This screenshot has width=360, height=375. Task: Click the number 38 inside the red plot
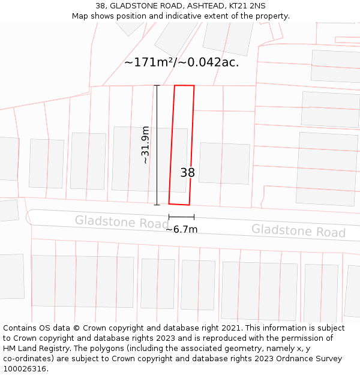point(188,173)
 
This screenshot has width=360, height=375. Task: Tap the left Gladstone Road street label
point(122,222)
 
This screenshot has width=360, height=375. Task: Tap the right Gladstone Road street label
point(298,230)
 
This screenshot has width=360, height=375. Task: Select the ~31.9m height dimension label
point(145,145)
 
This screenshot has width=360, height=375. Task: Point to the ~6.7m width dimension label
point(181,229)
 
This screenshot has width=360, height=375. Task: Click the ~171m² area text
point(148,62)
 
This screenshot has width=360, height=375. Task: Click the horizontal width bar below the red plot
point(181,217)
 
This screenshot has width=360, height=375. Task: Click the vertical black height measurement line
point(157,145)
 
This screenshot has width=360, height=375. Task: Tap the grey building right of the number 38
point(224,163)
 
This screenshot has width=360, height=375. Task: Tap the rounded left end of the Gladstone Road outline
point(29,217)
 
